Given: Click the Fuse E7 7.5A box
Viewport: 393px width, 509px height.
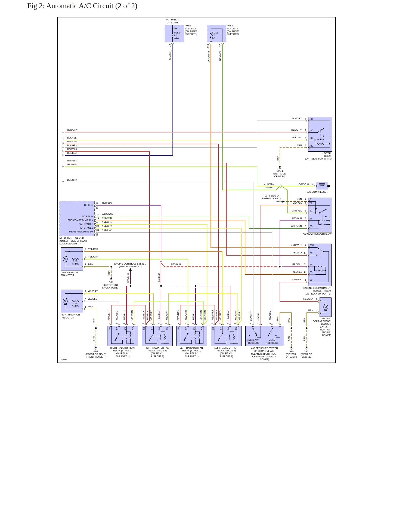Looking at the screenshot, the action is [174, 33].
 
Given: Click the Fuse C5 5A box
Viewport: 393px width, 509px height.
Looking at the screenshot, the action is [216, 33].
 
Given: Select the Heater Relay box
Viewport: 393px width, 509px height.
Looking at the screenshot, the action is [320, 134].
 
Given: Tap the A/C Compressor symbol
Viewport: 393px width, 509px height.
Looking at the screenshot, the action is [322, 186].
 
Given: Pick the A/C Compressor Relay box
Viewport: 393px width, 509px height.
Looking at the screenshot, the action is [320, 215].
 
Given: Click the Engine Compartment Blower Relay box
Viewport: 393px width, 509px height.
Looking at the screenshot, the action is [320, 265].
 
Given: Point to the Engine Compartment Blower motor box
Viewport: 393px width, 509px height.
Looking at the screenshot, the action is [326, 307].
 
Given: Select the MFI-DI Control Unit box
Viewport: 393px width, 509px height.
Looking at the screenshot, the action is [77, 219].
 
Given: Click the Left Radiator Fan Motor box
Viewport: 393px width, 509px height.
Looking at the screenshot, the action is [72, 259].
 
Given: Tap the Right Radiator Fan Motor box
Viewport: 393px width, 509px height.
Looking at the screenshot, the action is [72, 301].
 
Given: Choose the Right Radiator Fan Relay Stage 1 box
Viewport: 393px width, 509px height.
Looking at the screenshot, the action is [123, 336].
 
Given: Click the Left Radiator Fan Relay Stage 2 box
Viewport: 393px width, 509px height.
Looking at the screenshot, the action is [226, 336].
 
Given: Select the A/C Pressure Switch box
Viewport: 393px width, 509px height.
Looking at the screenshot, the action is [265, 336].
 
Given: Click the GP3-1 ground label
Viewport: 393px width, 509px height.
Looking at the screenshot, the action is [280, 171].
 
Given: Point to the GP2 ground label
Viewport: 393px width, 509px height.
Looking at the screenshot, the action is [111, 282].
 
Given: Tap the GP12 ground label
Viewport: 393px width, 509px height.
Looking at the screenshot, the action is [307, 351].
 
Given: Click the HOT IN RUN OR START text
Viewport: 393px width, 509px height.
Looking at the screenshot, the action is [172, 21].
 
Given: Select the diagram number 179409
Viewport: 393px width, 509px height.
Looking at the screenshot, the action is [63, 360].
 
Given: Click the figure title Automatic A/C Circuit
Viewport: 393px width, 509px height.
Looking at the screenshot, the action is [82, 6].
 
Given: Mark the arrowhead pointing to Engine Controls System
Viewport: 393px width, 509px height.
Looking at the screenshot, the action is [130, 269].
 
